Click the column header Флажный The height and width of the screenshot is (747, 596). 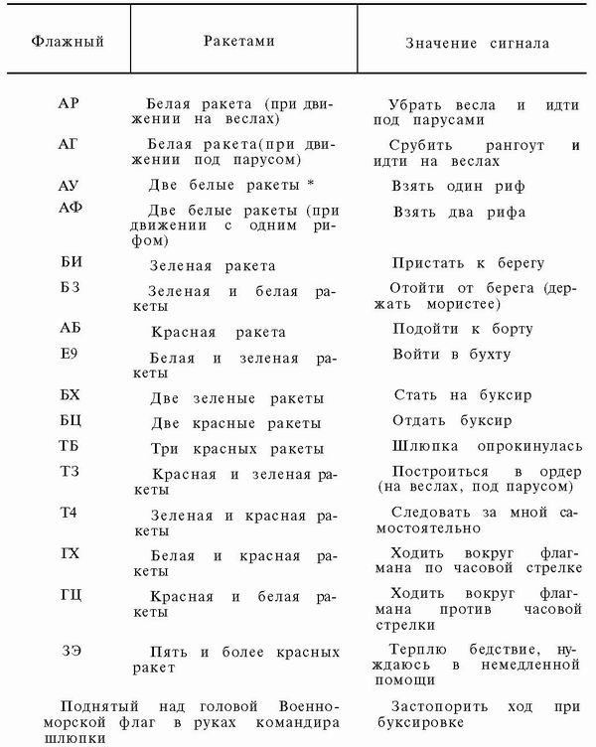click(67, 43)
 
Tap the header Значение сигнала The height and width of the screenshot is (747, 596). click(477, 44)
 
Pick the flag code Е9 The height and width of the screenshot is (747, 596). click(70, 353)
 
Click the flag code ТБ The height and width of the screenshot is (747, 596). click(70, 448)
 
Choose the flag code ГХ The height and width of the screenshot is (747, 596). click(70, 554)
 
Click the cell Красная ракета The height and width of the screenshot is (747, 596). click(218, 332)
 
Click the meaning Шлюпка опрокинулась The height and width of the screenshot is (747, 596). click(475, 447)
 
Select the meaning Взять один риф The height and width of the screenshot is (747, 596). click(459, 186)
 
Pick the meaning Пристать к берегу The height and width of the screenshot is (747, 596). click(468, 263)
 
